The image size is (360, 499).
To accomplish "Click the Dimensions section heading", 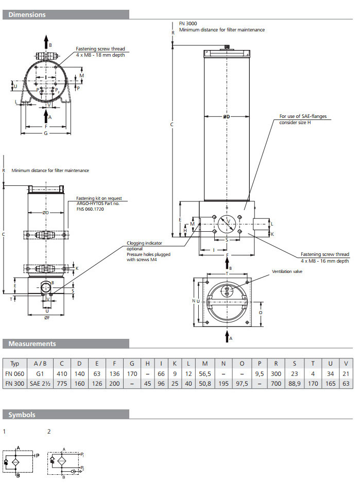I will (27, 15).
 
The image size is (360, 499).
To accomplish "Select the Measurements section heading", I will (32, 343).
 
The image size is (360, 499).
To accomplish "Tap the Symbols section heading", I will (22, 415).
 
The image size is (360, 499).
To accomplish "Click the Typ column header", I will (15, 364).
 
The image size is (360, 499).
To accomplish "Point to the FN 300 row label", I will (15, 384).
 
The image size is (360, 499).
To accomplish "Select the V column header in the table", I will (346, 364).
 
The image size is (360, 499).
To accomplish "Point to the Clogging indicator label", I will (145, 243).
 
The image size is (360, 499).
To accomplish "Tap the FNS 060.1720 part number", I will (90, 210).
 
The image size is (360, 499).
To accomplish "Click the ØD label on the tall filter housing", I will (226, 117).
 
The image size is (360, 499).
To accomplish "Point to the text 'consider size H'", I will (296, 123).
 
